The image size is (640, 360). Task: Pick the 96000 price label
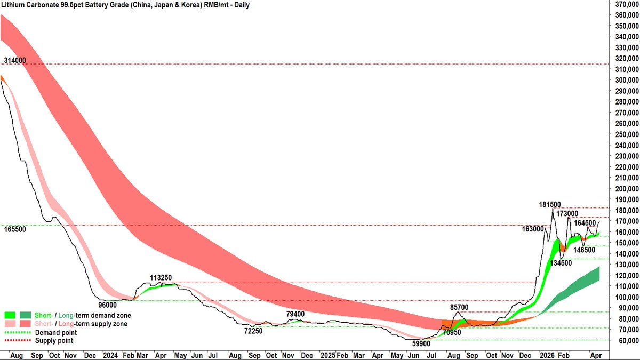click(x=108, y=305)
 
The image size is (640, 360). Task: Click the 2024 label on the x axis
click(x=110, y=354)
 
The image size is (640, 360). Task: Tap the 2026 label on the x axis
click(x=547, y=354)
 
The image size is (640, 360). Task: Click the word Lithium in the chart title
click(x=15, y=5)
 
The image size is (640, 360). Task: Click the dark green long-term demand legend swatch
click(x=25, y=316)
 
